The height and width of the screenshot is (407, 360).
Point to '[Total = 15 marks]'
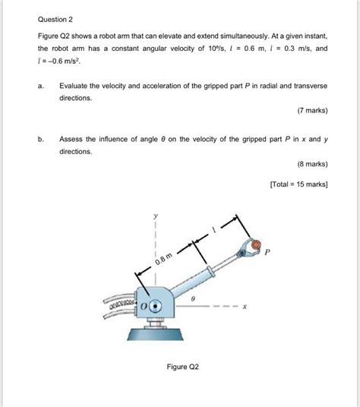[297, 183]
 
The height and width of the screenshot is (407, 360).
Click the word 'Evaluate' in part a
[75, 87]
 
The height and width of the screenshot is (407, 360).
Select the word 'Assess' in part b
[72, 139]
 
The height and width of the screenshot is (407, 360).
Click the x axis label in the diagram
[245, 308]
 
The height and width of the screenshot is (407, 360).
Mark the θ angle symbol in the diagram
[195, 298]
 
